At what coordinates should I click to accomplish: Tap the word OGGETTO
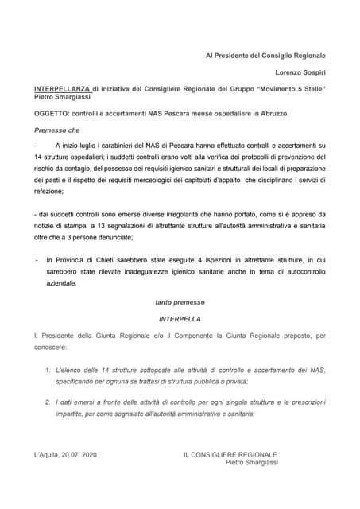(52, 114)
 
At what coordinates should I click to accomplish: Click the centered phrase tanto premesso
(179, 302)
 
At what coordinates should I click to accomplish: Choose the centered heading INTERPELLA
(179, 319)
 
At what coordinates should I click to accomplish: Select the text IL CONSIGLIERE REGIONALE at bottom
(230, 455)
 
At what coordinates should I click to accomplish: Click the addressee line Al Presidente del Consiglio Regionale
(265, 56)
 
